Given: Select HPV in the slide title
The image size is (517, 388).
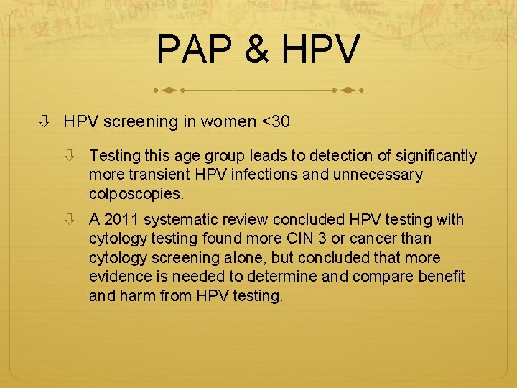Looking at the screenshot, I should click(320, 50).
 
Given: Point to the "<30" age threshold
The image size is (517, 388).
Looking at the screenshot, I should click(276, 121).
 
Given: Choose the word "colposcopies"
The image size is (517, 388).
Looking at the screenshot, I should click(135, 194).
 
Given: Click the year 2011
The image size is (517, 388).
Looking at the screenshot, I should click(121, 220).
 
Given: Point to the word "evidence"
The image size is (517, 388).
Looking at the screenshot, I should click(118, 277).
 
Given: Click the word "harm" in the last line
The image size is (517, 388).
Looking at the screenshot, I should click(138, 295).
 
